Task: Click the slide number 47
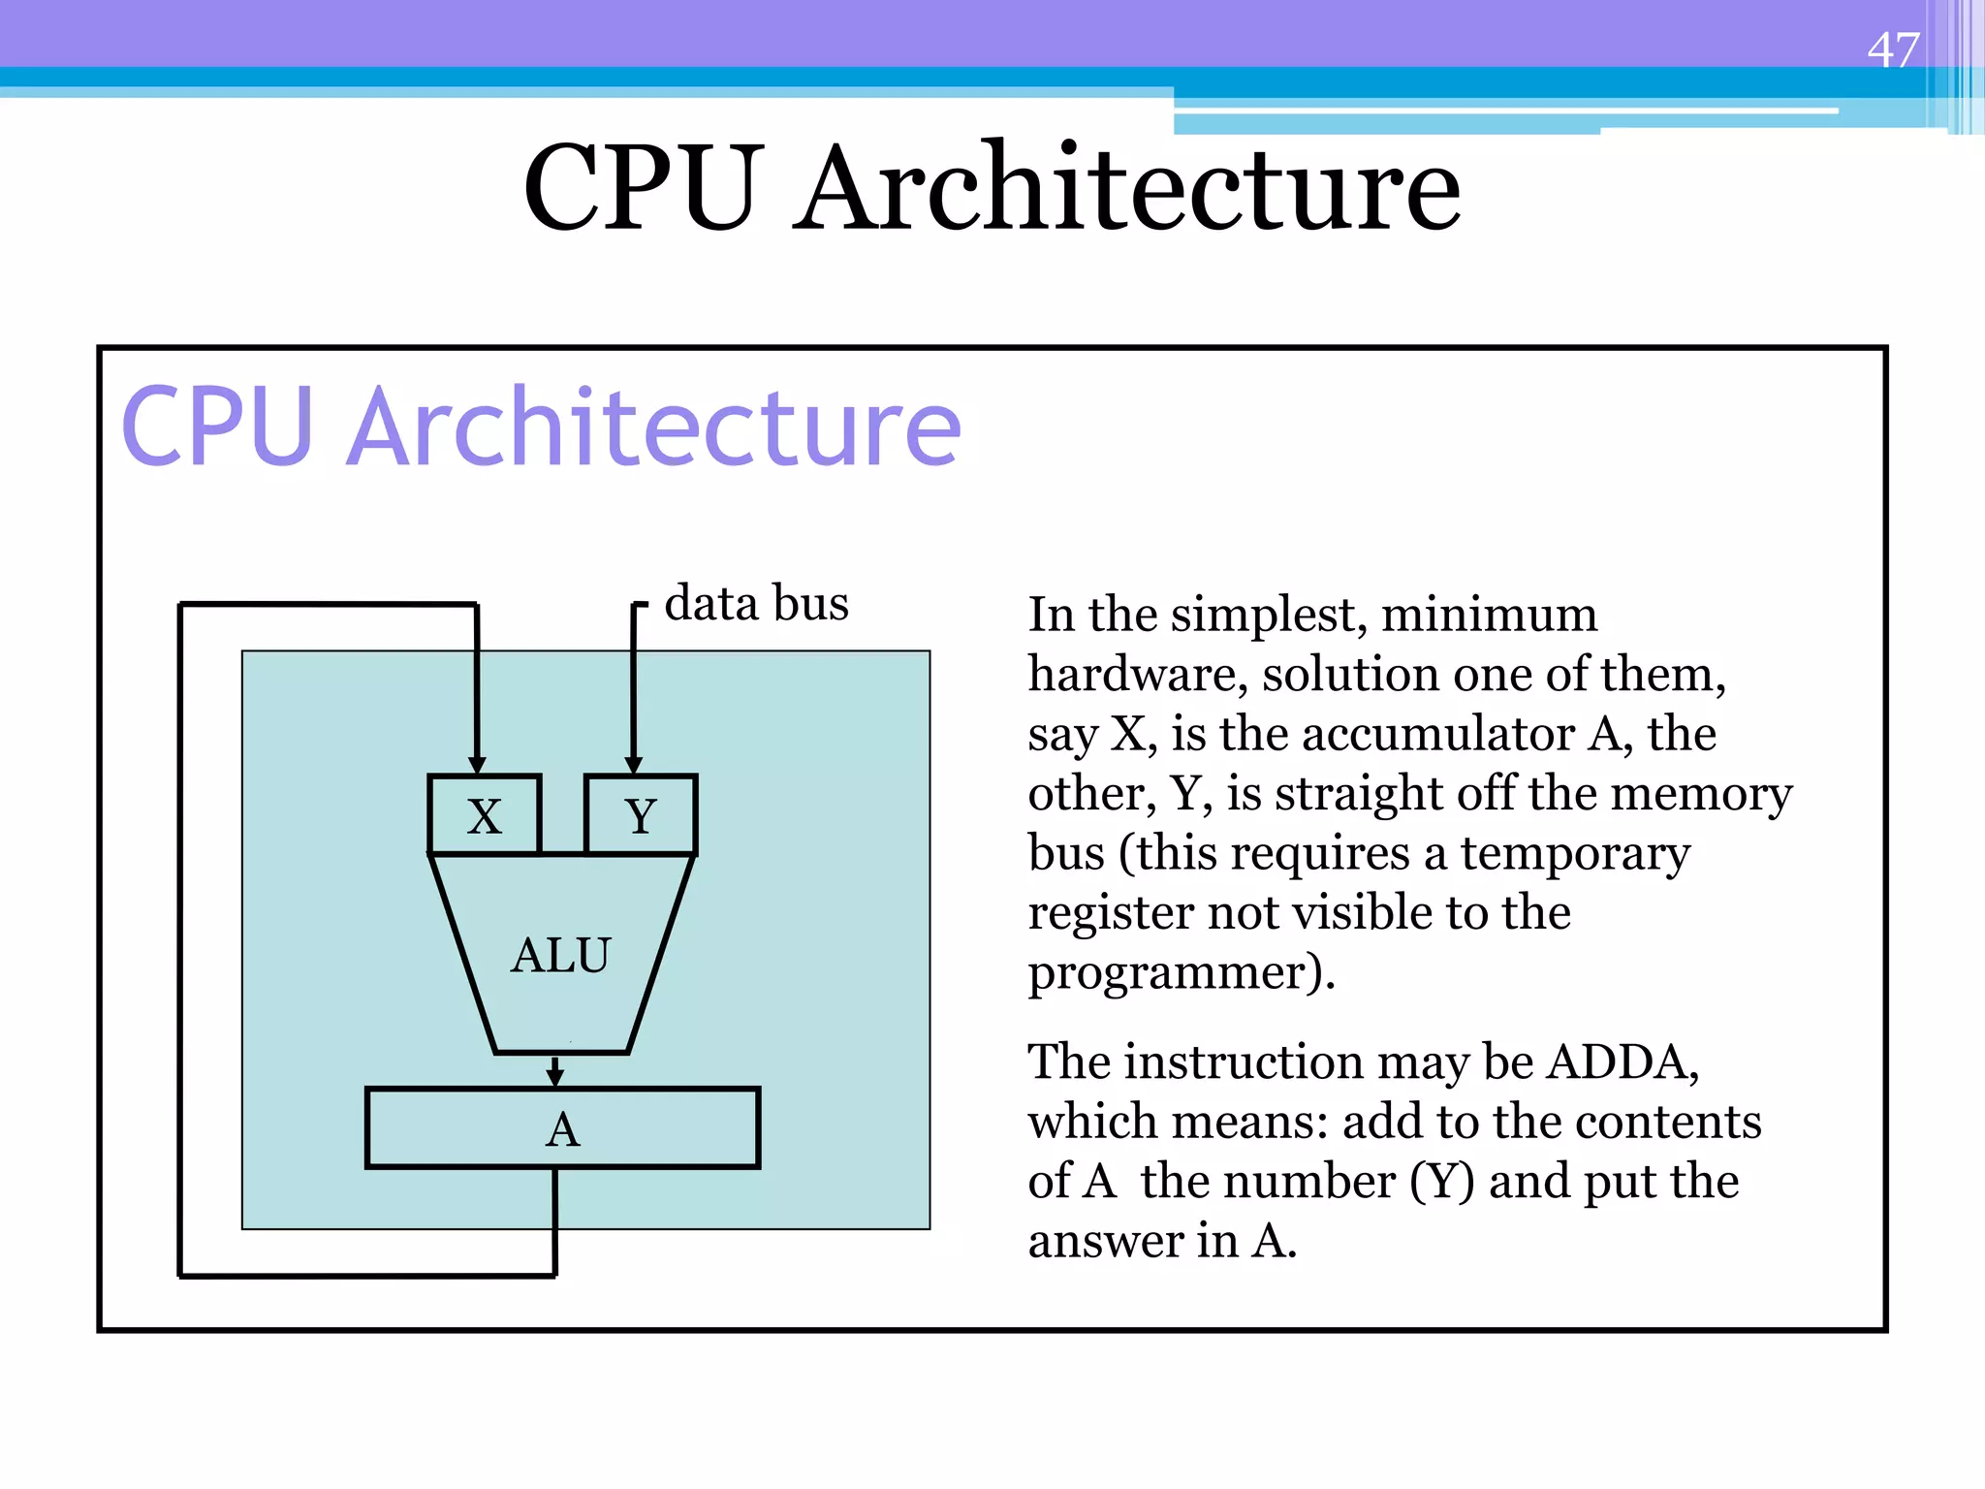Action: click(1892, 50)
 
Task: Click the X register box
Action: click(484, 815)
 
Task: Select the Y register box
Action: click(641, 815)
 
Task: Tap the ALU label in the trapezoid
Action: click(561, 956)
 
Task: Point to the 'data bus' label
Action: click(756, 603)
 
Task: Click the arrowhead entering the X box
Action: click(477, 765)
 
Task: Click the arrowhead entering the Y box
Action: click(634, 765)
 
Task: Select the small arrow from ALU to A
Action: click(554, 1072)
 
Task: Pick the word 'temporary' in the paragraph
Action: click(1575, 854)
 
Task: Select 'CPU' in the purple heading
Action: click(217, 427)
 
